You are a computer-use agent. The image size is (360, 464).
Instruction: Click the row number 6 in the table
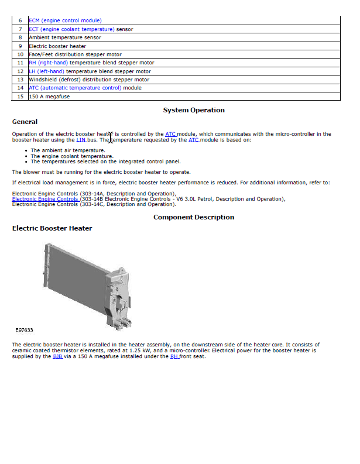pyautogui.click(x=20, y=20)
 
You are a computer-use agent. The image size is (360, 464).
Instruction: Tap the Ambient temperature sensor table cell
pyautogui.click(x=65, y=37)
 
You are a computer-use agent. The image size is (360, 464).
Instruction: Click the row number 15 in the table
pyautogui.click(x=20, y=97)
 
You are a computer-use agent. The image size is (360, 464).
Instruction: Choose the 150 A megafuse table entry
pyautogui.click(x=49, y=97)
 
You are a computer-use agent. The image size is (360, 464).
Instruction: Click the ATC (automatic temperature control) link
pyautogui.click(x=76, y=88)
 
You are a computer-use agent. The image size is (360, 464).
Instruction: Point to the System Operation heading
pyautogui.click(x=194, y=110)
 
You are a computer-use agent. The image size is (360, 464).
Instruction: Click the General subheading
pyautogui.click(x=25, y=122)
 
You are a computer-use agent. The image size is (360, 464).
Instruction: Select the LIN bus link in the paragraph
pyautogui.click(x=81, y=140)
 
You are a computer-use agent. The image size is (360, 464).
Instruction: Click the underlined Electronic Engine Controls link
pyautogui.click(x=45, y=199)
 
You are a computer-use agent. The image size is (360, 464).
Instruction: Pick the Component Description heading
pyautogui.click(x=194, y=217)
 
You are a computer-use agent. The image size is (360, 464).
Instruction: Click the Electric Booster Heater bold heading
pyautogui.click(x=52, y=228)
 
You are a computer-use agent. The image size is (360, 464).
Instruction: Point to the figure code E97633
pyautogui.click(x=24, y=330)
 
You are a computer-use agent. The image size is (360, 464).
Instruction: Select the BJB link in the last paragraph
pyautogui.click(x=57, y=356)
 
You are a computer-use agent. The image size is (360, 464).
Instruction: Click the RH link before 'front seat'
pyautogui.click(x=174, y=356)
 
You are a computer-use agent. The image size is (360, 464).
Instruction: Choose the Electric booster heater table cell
pyautogui.click(x=57, y=46)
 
